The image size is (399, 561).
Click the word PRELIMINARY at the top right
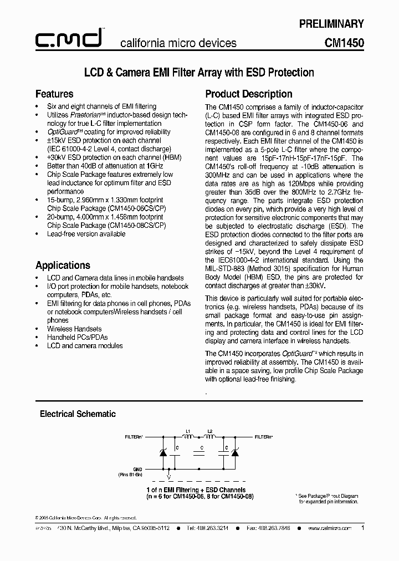click(331, 24)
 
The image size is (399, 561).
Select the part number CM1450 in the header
click(344, 42)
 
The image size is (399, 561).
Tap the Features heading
click(54, 94)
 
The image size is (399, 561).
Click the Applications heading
click(63, 265)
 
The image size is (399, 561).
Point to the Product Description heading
click(249, 94)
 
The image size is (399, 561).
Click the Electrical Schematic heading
click(78, 414)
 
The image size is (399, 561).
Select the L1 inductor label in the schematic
click(188, 431)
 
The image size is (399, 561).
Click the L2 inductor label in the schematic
click(209, 431)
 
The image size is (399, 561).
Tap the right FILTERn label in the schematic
click(263, 437)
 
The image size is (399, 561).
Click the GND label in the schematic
click(138, 468)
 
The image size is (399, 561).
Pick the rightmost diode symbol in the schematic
click(234, 452)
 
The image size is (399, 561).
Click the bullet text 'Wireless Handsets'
click(74, 329)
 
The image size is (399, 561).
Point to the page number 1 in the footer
click(362, 528)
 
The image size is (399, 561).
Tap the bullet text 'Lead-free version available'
click(86, 234)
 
